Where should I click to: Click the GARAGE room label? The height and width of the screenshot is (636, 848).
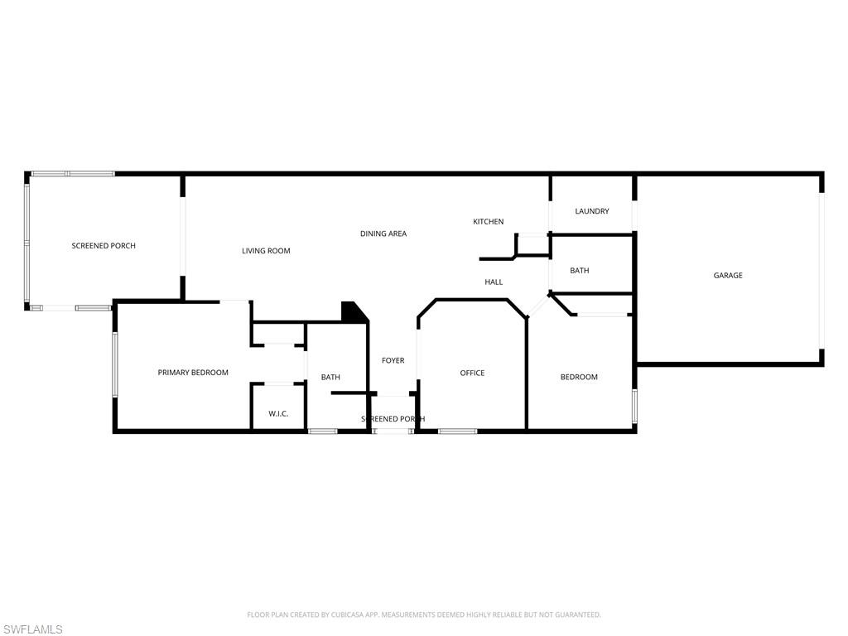(728, 276)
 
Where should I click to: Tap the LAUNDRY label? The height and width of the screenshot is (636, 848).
(592, 211)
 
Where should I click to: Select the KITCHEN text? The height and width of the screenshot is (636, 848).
(488, 222)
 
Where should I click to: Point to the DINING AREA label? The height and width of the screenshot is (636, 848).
(383, 234)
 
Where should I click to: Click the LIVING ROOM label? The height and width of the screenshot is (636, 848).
(266, 251)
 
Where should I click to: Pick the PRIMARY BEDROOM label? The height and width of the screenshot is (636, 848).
(193, 373)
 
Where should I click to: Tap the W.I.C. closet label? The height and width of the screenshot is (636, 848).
(278, 413)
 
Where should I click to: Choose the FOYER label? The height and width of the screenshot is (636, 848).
(393, 361)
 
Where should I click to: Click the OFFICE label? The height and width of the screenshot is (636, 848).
(472, 373)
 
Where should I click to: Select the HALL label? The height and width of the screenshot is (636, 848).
(494, 282)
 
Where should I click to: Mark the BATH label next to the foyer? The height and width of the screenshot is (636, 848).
(330, 378)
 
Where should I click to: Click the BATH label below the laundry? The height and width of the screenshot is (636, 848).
(580, 271)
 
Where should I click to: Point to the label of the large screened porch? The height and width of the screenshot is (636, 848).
(104, 246)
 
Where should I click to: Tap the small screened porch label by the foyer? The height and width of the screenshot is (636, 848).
(393, 419)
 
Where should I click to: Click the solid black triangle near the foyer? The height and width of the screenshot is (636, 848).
(354, 312)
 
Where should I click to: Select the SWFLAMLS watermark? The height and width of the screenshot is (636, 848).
(33, 629)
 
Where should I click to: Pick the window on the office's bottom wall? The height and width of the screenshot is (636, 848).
(457, 431)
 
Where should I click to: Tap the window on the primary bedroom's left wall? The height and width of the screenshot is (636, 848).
(115, 365)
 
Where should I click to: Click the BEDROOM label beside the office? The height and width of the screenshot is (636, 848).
(579, 378)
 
